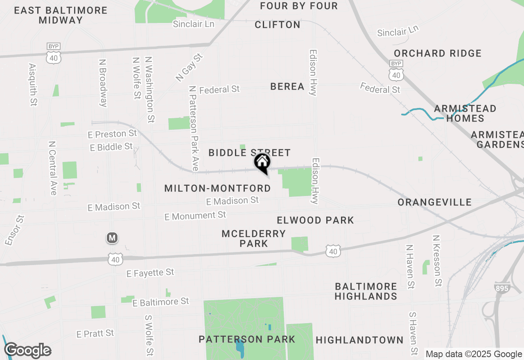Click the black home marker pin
pyautogui.click(x=262, y=162)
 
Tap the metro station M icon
pyautogui.click(x=112, y=238)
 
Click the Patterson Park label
pyautogui.click(x=247, y=339)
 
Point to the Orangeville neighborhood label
pyautogui.click(x=434, y=202)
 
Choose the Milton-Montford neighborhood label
pyautogui.click(x=217, y=188)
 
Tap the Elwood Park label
pyautogui.click(x=315, y=220)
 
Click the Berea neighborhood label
pyautogui.click(x=287, y=86)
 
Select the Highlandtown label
pyautogui.click(x=360, y=340)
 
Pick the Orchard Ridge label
pyautogui.click(x=438, y=53)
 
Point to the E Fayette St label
pyautogui.click(x=150, y=273)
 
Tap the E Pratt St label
pyautogui.click(x=95, y=334)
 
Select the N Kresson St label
pyautogui.click(x=437, y=261)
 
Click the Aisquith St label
pyautogui.click(x=33, y=85)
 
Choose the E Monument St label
pyautogui.click(x=195, y=216)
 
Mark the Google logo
pyautogui.click(x=27, y=350)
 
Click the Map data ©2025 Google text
pyautogui.click(x=474, y=354)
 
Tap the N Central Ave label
pyautogui.click(x=52, y=168)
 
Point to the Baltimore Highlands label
pyautogui.click(x=366, y=291)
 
